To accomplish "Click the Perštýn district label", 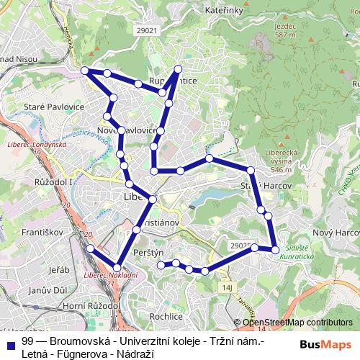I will [x=150, y=253].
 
